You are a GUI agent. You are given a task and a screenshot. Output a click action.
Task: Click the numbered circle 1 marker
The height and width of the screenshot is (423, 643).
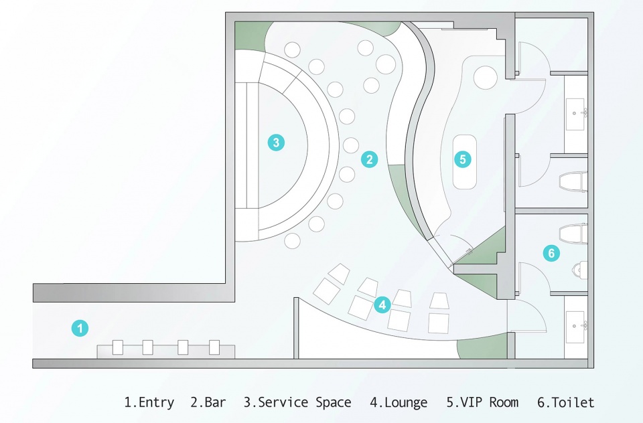point(80,329)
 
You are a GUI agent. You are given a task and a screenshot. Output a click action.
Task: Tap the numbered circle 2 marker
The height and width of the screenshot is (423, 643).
point(370,159)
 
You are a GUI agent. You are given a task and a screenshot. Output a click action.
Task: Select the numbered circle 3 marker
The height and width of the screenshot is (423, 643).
point(276,143)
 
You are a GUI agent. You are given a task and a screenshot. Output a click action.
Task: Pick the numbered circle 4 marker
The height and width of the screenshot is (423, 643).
point(382,305)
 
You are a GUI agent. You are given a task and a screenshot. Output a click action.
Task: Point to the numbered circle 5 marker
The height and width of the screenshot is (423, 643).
point(463,159)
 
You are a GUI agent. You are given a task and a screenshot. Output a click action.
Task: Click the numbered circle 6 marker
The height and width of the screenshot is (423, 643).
point(551,253)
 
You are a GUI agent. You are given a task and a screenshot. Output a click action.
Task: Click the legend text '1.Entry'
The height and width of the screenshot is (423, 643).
point(149,402)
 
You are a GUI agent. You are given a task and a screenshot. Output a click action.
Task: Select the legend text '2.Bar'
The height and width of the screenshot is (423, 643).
point(208,402)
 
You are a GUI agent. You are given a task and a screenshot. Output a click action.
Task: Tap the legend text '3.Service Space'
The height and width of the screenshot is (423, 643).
point(297,402)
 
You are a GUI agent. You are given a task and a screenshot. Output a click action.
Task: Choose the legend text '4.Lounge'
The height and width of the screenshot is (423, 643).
point(399,402)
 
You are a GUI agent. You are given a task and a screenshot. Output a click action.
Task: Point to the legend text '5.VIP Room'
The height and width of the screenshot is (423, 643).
point(482,402)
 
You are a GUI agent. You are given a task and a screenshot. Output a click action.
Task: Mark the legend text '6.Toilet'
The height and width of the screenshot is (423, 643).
point(565,402)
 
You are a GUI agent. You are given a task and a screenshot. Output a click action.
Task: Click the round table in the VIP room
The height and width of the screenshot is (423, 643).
point(486,77)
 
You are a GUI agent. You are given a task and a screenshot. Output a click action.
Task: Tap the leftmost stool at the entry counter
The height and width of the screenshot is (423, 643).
point(118,347)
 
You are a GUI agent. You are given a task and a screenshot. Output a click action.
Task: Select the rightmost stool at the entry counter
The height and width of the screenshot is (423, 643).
point(214,347)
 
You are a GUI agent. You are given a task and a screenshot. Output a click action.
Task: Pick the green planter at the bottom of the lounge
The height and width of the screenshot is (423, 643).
point(484,347)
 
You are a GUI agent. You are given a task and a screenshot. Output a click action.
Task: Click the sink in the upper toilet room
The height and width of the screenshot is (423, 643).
point(575,114)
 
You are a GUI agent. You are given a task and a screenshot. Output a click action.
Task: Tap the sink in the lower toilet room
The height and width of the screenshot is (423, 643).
point(575,327)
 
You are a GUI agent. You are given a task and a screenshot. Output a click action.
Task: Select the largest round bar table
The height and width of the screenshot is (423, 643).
point(386,64)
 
